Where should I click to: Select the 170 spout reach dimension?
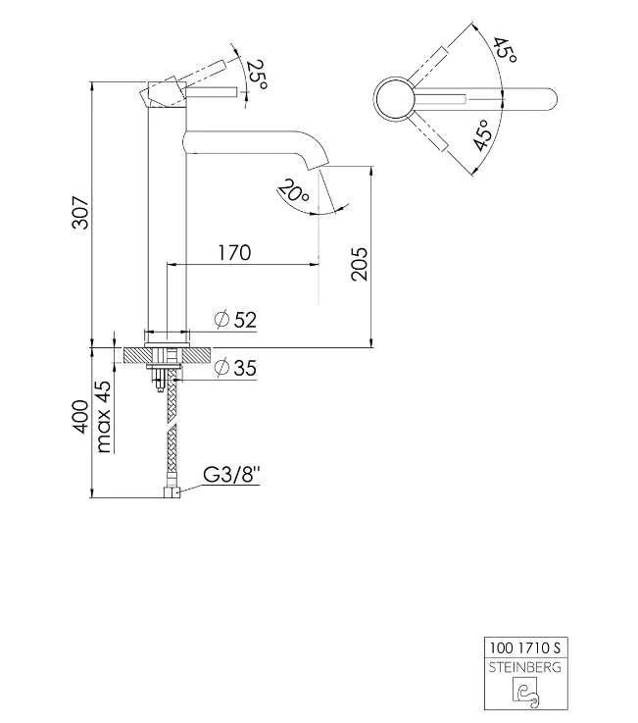(x=233, y=253)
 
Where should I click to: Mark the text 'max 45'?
(x=104, y=416)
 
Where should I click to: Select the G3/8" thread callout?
(x=231, y=476)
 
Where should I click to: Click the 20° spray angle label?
(x=293, y=189)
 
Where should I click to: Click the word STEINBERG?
(x=527, y=667)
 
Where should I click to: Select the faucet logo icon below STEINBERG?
(x=527, y=693)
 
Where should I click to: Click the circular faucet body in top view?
(x=397, y=99)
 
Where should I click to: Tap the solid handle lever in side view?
(x=211, y=91)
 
